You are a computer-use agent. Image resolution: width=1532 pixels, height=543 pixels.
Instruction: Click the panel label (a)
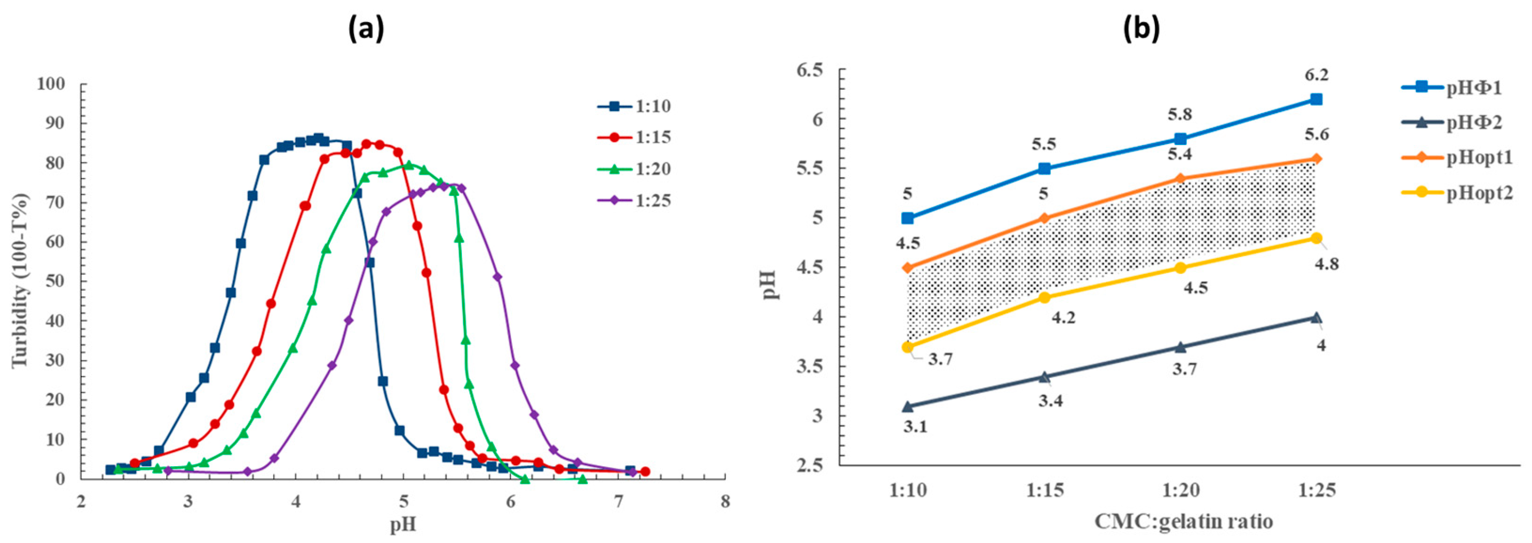tap(366, 28)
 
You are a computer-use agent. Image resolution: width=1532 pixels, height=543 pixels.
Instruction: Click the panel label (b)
tap(1141, 28)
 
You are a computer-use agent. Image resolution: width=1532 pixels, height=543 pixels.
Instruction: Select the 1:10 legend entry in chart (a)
tap(634, 107)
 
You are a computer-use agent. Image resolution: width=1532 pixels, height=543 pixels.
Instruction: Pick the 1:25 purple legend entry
tap(634, 200)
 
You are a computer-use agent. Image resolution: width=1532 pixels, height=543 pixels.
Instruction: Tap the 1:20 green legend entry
tap(634, 169)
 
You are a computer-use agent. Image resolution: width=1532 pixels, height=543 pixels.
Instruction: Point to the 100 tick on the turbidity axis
tap(54, 84)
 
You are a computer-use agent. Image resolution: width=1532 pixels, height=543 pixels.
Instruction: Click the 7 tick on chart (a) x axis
tap(618, 502)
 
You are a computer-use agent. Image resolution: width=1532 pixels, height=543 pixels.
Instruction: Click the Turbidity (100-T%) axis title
tap(20, 280)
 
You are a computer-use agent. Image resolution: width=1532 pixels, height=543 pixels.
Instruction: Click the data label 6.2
tap(1316, 75)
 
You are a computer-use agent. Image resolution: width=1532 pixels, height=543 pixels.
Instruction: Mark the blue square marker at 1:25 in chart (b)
tap(1316, 99)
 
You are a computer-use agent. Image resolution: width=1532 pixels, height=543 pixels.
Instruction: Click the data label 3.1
tap(915, 426)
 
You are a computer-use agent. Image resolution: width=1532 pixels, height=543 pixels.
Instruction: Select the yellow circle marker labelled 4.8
tap(1316, 238)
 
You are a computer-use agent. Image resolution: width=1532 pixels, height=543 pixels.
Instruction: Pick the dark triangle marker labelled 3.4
tap(1044, 376)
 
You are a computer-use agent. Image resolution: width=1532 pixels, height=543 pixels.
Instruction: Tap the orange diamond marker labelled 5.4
tap(1180, 179)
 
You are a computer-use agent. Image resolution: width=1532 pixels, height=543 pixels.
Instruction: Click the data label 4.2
tap(1064, 318)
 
